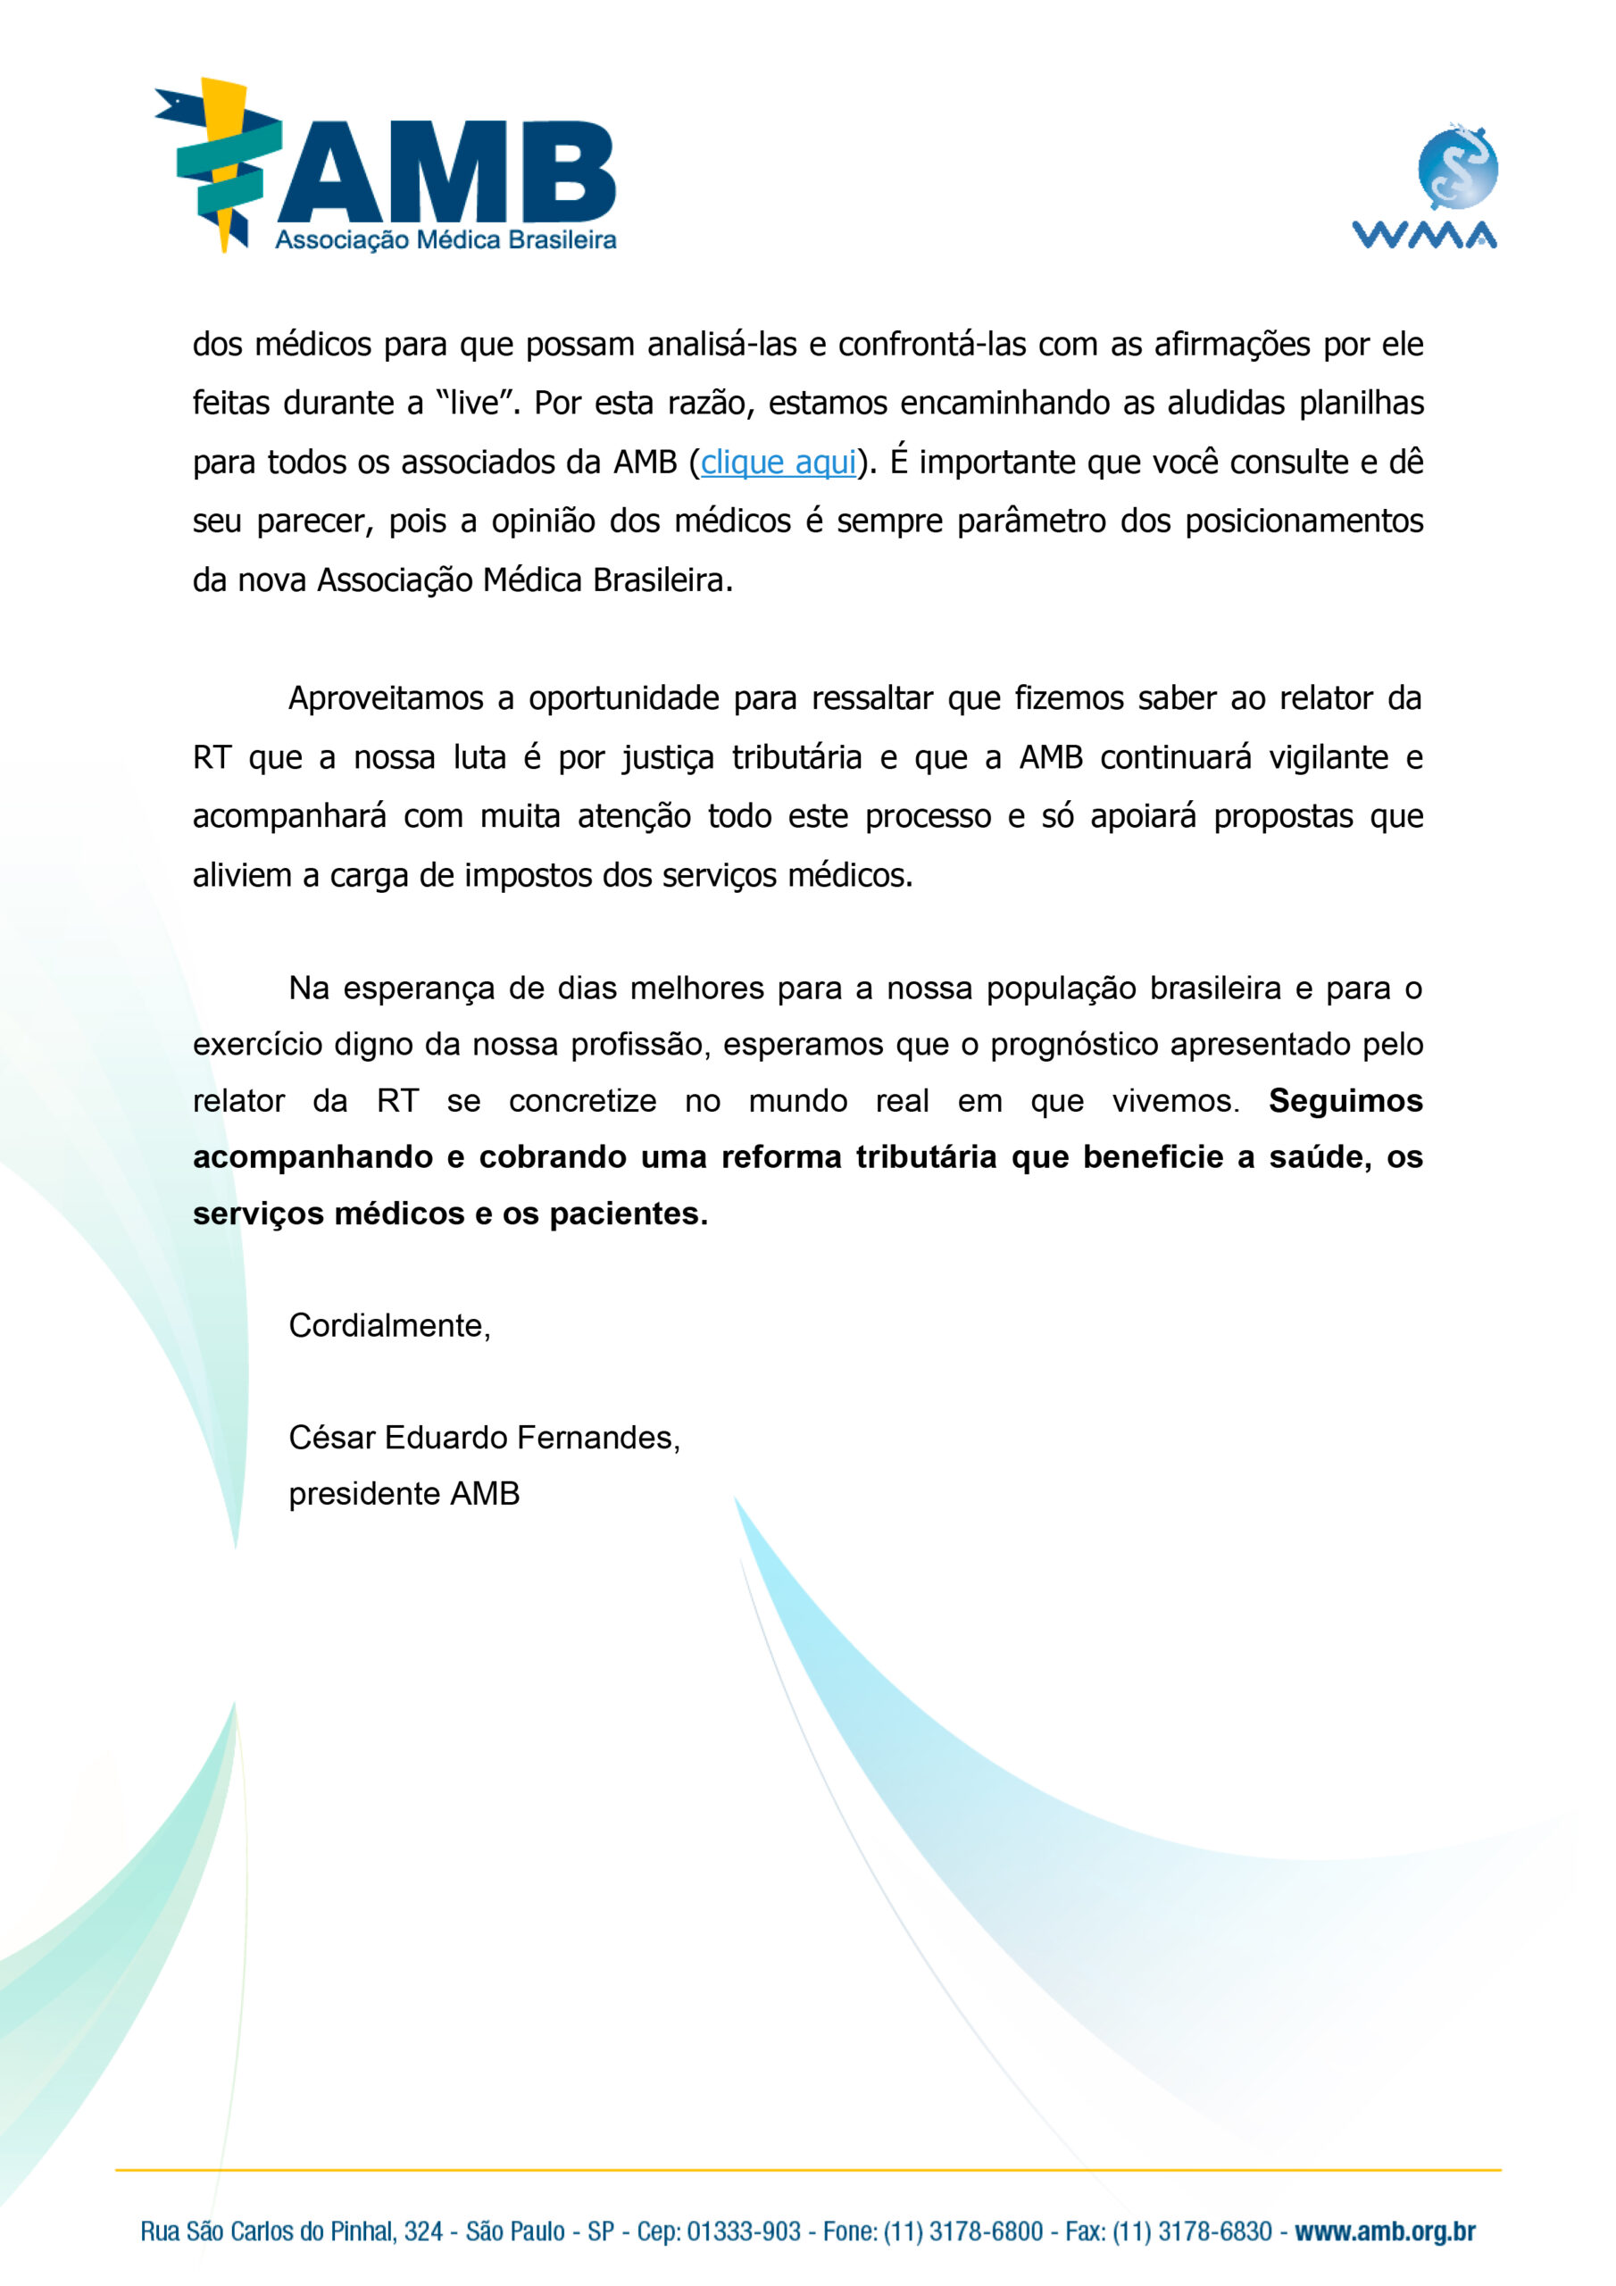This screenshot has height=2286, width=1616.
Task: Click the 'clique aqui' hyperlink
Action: pyautogui.click(x=778, y=462)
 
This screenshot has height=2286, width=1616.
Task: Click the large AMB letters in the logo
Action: pyautogui.click(x=447, y=172)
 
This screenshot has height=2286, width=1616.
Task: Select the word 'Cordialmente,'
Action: pyautogui.click(x=389, y=1325)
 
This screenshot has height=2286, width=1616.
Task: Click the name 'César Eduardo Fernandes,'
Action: pyautogui.click(x=484, y=1437)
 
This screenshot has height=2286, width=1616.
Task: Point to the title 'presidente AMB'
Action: pyautogui.click(x=404, y=1493)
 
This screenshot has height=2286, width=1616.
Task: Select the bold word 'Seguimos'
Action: pyautogui.click(x=1345, y=1100)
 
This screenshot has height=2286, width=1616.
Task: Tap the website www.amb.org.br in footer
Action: pyautogui.click(x=1384, y=2232)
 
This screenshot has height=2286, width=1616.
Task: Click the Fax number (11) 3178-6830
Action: pyautogui.click(x=1192, y=2232)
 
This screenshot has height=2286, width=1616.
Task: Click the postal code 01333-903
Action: pyautogui.click(x=744, y=2232)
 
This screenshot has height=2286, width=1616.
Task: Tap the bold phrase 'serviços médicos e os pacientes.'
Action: pyautogui.click(x=450, y=1214)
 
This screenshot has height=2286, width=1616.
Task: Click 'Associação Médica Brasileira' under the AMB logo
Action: pyautogui.click(x=446, y=240)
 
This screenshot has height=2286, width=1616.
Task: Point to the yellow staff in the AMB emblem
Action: pyautogui.click(x=225, y=164)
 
